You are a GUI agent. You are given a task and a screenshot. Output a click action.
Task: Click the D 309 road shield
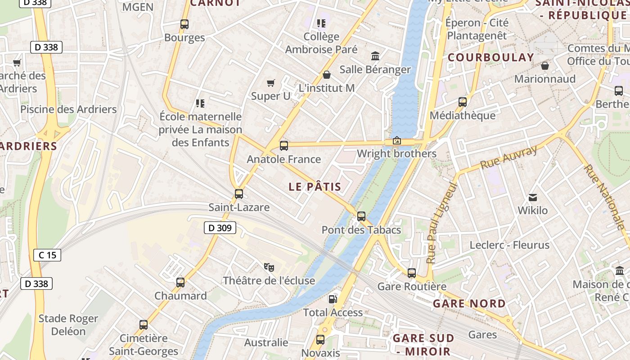[x=220, y=228]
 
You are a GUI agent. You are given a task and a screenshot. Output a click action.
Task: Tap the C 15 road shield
[x=47, y=256]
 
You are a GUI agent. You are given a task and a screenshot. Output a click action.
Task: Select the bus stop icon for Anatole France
[x=284, y=146]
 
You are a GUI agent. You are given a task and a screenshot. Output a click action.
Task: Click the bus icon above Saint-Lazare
[x=239, y=194]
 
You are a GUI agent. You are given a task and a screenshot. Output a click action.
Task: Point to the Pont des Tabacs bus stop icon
[x=361, y=216]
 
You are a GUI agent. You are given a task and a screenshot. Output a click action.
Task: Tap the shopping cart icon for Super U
[x=270, y=83]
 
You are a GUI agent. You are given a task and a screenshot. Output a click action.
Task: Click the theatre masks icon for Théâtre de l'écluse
[x=269, y=267]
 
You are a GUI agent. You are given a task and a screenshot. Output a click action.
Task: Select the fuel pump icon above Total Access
[x=333, y=299]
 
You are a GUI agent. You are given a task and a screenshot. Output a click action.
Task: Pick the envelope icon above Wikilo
[x=533, y=197]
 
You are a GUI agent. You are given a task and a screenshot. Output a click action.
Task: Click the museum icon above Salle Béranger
[x=375, y=56]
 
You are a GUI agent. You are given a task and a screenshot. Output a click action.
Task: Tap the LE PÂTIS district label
[x=315, y=187]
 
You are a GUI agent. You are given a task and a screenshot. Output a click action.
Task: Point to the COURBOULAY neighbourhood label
[x=490, y=58]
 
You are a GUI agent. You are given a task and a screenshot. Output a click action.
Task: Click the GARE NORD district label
[x=469, y=304]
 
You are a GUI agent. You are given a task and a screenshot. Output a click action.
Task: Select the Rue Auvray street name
[x=508, y=157]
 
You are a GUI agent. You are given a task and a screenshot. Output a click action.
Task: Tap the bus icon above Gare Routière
[x=412, y=273]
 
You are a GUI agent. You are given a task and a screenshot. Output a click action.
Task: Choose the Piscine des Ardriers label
[x=68, y=109]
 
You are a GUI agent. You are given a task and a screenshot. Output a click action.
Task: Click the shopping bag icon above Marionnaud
[x=545, y=66]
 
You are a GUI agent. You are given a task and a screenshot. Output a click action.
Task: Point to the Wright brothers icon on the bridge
[x=396, y=141]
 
